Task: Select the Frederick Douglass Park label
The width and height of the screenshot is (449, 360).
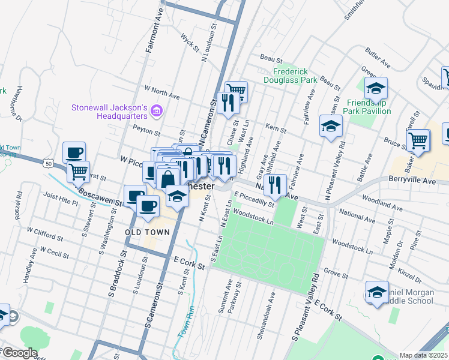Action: pyautogui.click(x=291, y=75)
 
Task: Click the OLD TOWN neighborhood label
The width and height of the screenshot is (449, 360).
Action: pyautogui.click(x=145, y=232)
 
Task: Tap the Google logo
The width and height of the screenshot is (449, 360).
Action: pyautogui.click(x=20, y=353)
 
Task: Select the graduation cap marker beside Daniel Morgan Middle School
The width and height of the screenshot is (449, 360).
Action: pyautogui.click(x=376, y=293)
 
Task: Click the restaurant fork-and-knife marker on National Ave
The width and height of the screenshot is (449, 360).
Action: pyautogui.click(x=275, y=184)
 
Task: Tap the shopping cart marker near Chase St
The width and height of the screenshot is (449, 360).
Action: pyautogui.click(x=236, y=91)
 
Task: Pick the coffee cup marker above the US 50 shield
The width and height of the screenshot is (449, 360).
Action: pyautogui.click(x=74, y=152)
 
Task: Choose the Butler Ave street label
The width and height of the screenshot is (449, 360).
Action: pyautogui.click(x=378, y=58)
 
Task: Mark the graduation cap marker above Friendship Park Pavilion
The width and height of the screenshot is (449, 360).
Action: pyautogui.click(x=376, y=89)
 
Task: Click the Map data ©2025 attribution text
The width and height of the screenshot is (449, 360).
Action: pyautogui.click(x=423, y=355)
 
